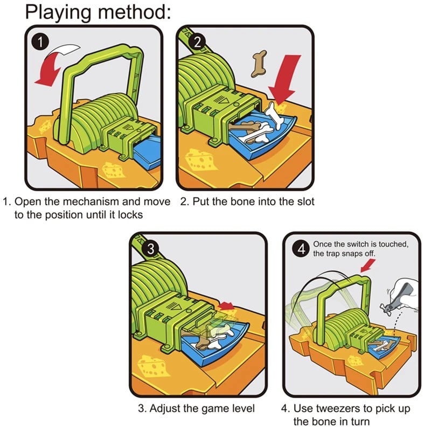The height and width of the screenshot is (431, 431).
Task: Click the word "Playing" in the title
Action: [x=58, y=13]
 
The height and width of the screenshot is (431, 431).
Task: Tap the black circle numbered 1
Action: [x=40, y=43]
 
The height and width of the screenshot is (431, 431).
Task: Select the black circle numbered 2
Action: [x=197, y=43]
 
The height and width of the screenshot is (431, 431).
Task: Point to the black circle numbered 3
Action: [x=151, y=249]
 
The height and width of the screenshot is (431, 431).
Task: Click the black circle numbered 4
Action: [x=302, y=249]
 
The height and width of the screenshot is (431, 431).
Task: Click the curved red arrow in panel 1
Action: [x=51, y=66]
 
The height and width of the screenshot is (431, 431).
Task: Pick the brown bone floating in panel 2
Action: [x=259, y=64]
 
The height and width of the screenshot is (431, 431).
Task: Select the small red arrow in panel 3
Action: [x=226, y=305]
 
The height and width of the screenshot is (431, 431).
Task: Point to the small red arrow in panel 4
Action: [x=368, y=266]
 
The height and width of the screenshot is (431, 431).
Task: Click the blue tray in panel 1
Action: [x=149, y=152]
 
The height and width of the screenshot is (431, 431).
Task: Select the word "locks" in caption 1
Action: [x=130, y=214]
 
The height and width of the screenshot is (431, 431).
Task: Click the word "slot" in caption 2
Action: [x=305, y=201]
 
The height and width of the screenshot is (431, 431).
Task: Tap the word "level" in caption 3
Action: [x=242, y=408]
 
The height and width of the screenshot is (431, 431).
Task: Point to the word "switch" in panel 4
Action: [x=358, y=244]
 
